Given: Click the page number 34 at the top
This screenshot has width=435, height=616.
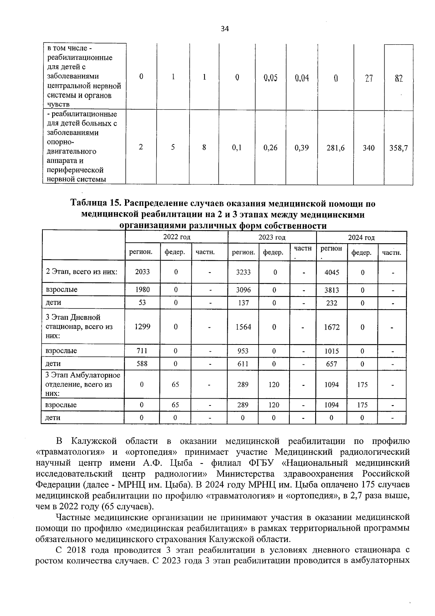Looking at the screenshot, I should click(x=225, y=29).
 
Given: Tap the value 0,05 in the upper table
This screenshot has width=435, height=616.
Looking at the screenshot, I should click(x=270, y=77).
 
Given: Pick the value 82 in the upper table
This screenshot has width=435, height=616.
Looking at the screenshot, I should click(x=399, y=78).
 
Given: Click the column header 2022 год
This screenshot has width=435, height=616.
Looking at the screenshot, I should click(x=177, y=237).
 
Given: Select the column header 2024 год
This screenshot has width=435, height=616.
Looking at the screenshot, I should click(x=361, y=237).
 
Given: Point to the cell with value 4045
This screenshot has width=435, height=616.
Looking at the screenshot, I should click(x=332, y=272).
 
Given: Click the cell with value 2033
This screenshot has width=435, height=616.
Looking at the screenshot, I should click(x=142, y=272).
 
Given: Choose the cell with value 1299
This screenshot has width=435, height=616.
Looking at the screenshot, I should click(x=142, y=327).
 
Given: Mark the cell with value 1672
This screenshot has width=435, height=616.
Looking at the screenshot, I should click(x=332, y=327).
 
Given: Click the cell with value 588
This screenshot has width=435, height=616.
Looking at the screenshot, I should click(x=142, y=363).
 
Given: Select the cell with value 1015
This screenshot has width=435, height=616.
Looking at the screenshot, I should click(x=332, y=351).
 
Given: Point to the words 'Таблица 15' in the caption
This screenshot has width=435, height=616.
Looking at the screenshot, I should click(x=92, y=204).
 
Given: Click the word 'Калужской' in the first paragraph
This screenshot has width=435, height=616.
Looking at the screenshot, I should click(x=94, y=441).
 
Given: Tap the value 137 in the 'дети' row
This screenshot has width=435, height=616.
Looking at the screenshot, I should click(x=243, y=302).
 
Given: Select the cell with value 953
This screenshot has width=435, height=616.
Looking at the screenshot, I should click(x=243, y=351).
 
